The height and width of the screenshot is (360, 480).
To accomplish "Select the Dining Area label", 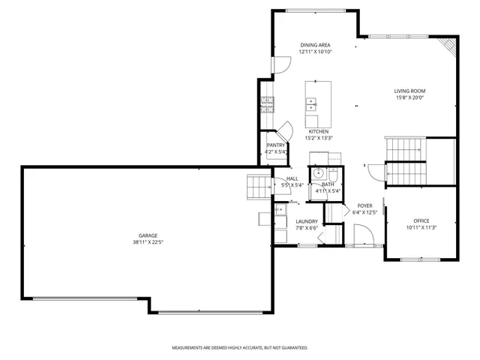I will [x=315, y=45].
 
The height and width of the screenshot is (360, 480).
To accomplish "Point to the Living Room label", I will [x=409, y=91].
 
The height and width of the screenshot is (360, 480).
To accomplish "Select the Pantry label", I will [x=276, y=145].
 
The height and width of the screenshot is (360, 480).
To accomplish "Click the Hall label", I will [x=292, y=178].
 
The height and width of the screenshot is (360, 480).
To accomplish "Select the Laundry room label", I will [x=307, y=221].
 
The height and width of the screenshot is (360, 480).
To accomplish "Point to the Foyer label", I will [x=364, y=205].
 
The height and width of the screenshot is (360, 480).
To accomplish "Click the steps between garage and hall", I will [x=258, y=185].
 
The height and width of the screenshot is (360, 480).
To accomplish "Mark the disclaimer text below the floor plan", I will [x=240, y=348].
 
